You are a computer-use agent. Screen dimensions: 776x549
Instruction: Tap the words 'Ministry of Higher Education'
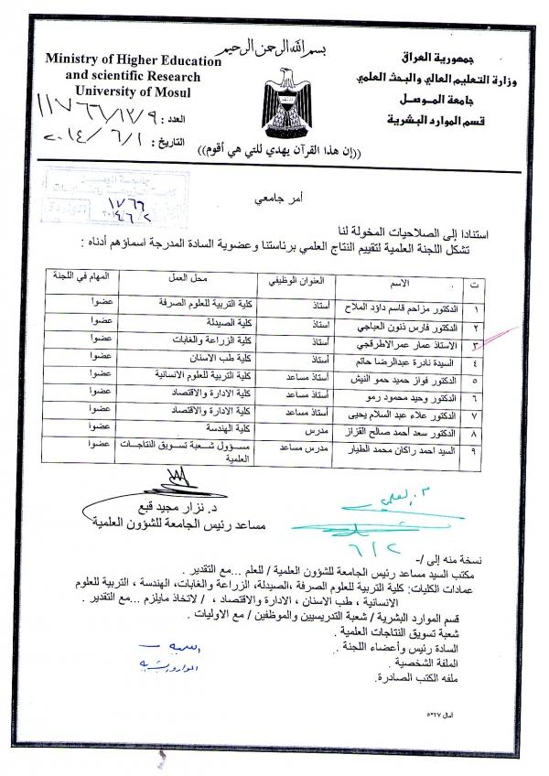tap(134, 61)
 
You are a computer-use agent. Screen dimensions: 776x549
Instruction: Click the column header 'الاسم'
tap(404, 286)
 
